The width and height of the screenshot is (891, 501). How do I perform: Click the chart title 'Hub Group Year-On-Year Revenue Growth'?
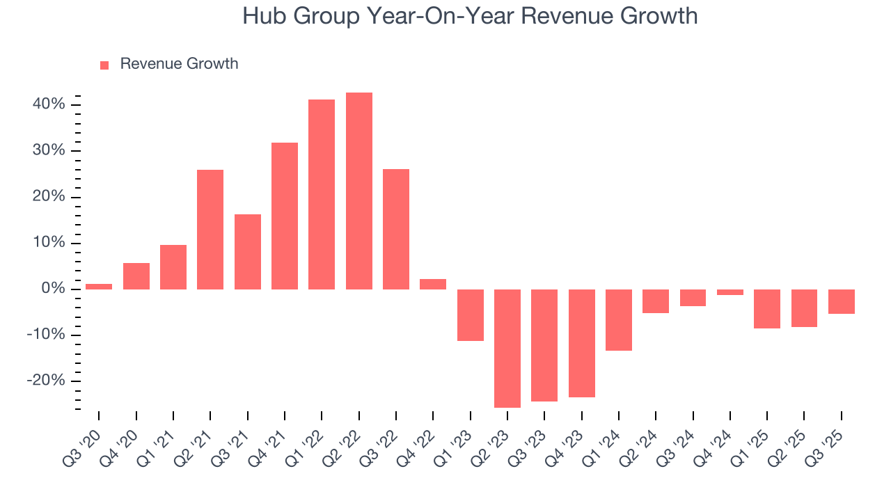click(470, 15)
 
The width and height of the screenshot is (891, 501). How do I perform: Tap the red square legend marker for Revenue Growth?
click(104, 65)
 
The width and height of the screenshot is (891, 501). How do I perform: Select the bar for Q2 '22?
click(359, 191)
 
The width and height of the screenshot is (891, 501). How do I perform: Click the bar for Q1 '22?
click(322, 194)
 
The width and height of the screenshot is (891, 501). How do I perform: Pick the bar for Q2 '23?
click(507, 348)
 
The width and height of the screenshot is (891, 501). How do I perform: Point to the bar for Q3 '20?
click(99, 286)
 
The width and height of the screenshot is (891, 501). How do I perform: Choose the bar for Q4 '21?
click(285, 216)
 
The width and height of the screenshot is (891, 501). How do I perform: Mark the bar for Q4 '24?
click(730, 292)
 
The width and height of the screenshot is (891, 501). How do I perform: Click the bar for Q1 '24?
click(619, 319)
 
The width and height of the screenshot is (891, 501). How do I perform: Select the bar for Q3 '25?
click(842, 301)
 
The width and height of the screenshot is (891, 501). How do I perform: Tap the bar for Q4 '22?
click(433, 284)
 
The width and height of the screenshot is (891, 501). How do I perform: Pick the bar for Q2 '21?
click(210, 229)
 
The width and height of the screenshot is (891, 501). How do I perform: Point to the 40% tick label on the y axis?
click(47, 104)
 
